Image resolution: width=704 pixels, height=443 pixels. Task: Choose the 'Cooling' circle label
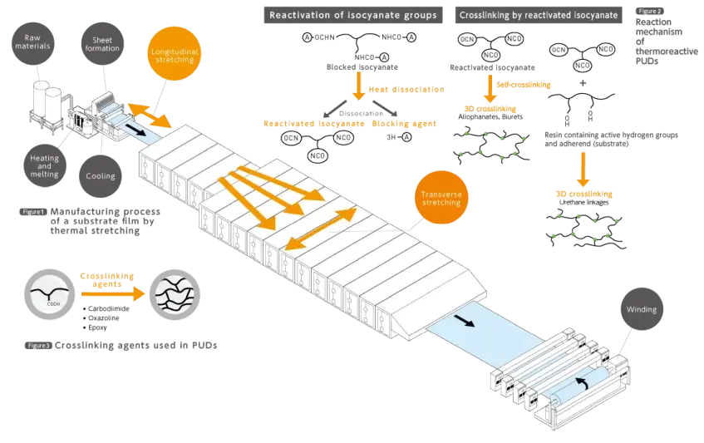tap(101, 175)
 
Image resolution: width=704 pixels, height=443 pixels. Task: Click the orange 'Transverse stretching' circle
tap(440, 198)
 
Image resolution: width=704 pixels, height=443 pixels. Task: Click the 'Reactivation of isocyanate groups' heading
tap(352, 15)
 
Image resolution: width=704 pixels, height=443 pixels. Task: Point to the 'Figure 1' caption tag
tap(35, 212)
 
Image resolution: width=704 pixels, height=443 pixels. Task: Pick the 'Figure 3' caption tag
tap(38, 344)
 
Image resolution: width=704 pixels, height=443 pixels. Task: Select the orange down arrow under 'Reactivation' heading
tap(359, 85)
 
